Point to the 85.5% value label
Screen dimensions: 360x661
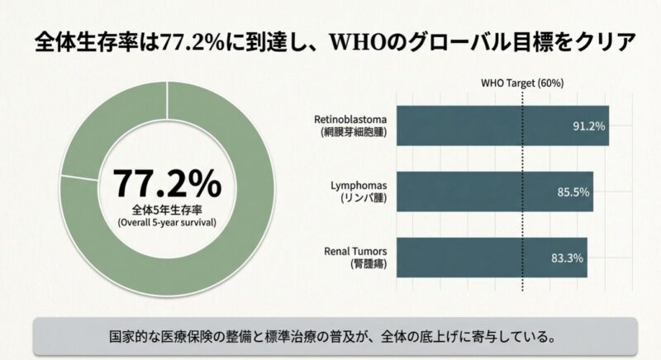pos(573,192)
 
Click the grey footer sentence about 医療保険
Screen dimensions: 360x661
pos(330,337)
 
